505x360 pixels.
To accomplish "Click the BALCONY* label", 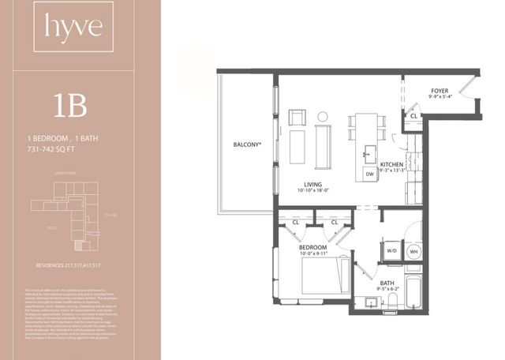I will point(247,146).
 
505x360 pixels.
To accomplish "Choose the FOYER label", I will point(440,91).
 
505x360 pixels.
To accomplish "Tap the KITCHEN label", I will point(392,164).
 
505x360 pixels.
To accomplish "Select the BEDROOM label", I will point(313,248).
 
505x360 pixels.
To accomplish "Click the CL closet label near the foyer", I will point(413,116).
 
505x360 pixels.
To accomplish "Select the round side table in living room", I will point(322,118).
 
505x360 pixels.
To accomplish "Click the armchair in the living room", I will point(297,118).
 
